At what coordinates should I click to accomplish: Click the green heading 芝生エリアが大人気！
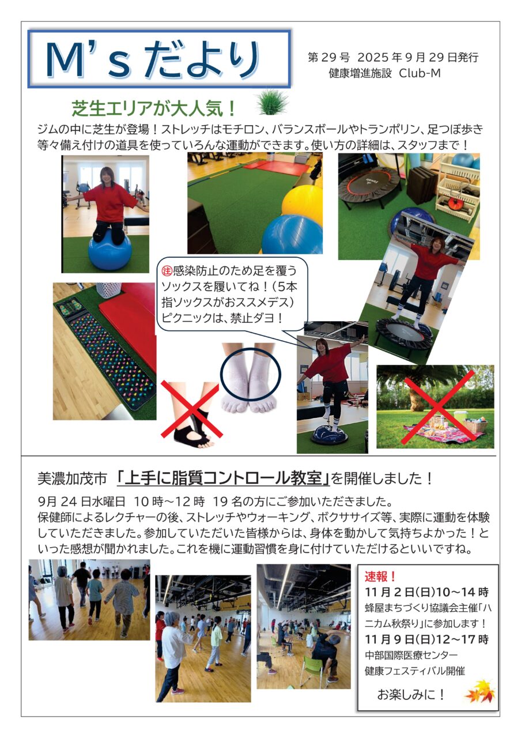[154, 108]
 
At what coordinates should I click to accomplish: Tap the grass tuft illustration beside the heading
[271, 102]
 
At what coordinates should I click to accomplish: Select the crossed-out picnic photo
[435, 406]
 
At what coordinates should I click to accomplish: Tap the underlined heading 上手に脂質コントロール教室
[223, 479]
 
